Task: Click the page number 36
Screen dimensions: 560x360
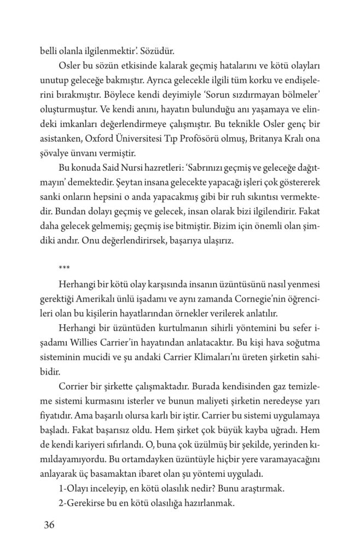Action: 49,526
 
